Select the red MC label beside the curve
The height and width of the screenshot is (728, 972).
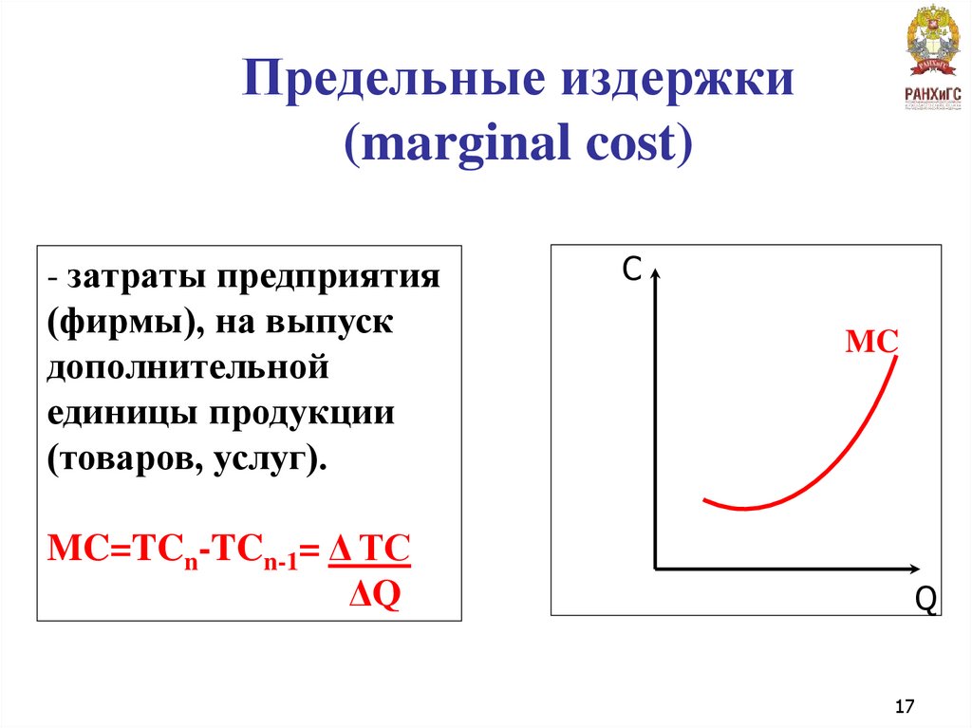tap(871, 343)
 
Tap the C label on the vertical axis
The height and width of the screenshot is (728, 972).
tap(632, 271)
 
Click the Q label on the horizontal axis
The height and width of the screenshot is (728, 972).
tap(925, 600)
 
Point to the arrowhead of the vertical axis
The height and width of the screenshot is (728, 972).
tap(655, 273)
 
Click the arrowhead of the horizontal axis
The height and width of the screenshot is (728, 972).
tap(913, 569)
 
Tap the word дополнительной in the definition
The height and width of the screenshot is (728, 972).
tap(187, 367)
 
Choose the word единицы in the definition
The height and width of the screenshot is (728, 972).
tap(121, 413)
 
